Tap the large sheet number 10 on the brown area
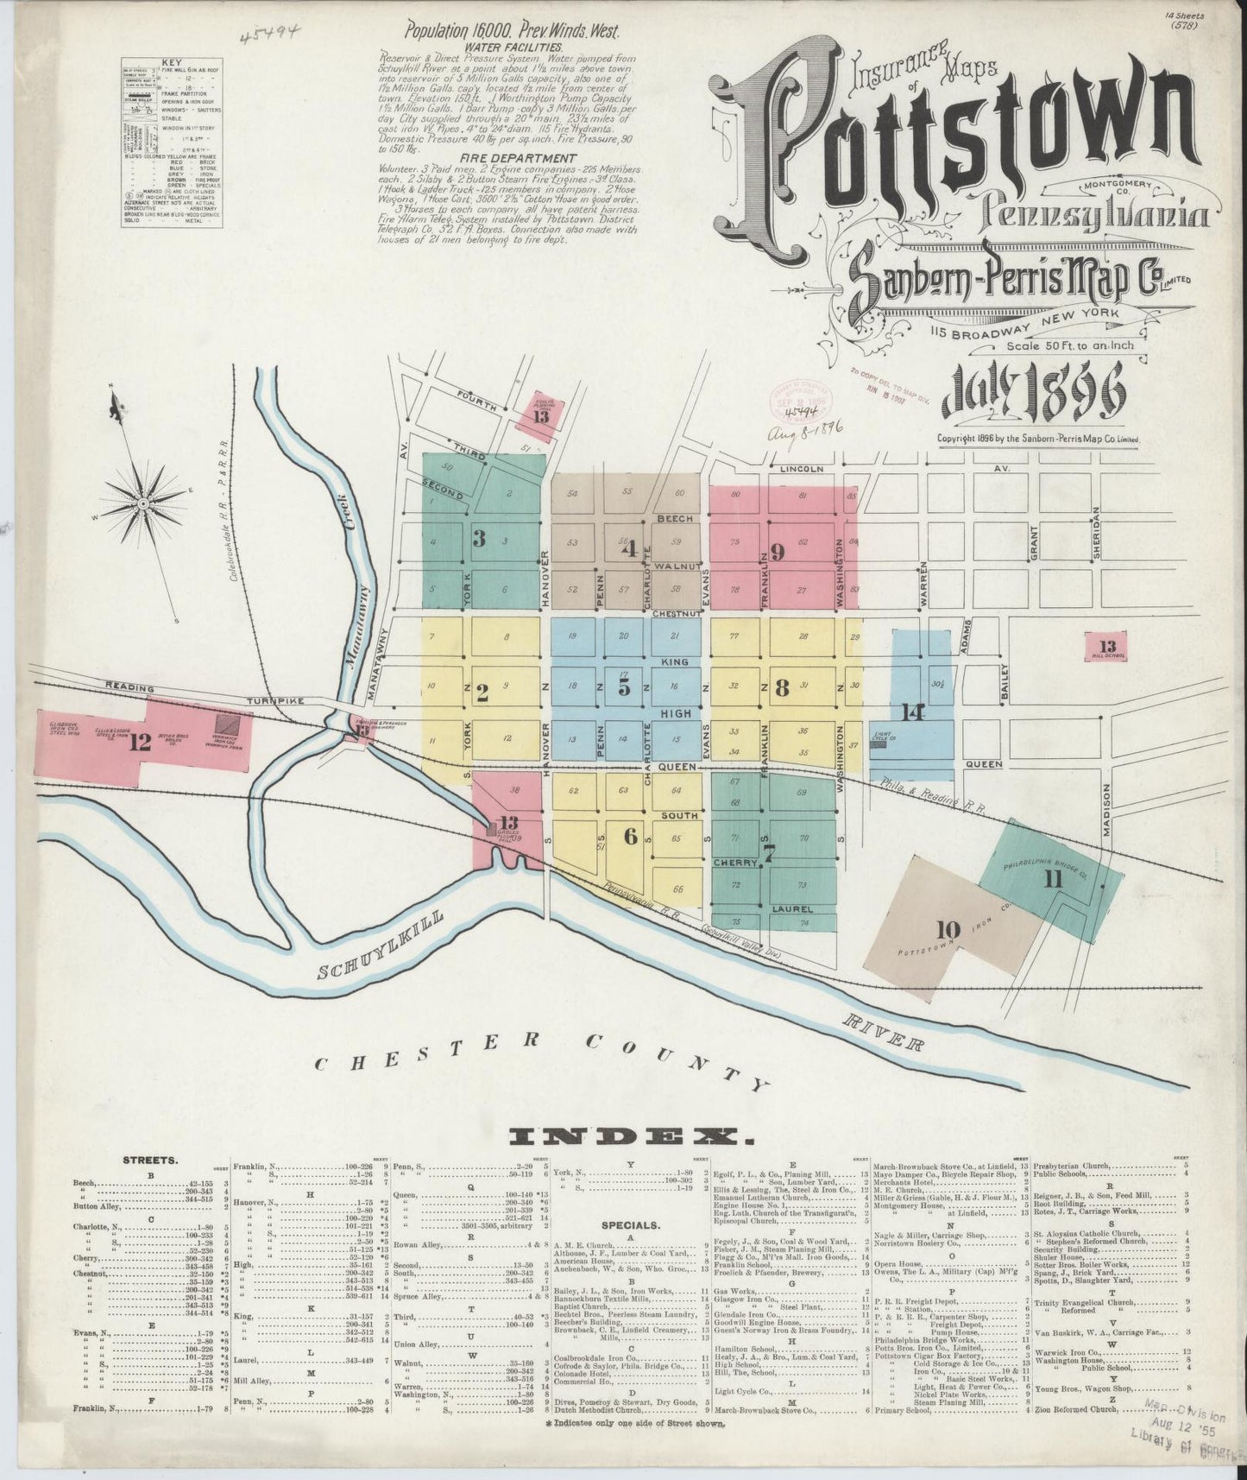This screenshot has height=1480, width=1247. pyautogui.click(x=948, y=929)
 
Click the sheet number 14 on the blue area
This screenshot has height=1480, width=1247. pyautogui.click(x=910, y=712)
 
